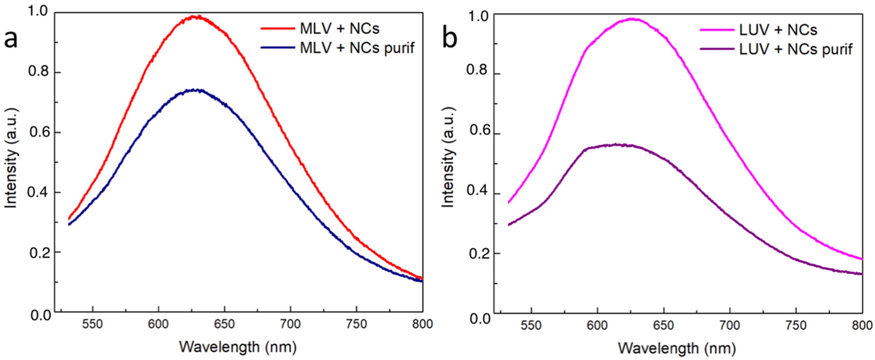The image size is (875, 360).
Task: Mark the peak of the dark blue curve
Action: point(194,90)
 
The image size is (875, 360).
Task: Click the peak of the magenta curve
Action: point(632,19)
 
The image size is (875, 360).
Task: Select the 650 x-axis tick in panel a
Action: point(224,324)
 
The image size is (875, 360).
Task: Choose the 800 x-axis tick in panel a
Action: point(423,324)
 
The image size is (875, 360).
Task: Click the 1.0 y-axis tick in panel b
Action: point(479,16)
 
